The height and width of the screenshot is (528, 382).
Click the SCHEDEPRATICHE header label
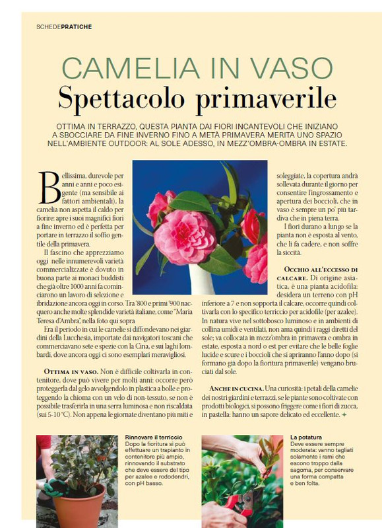[x=64, y=27]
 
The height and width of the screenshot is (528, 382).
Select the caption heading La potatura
[x=307, y=437]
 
